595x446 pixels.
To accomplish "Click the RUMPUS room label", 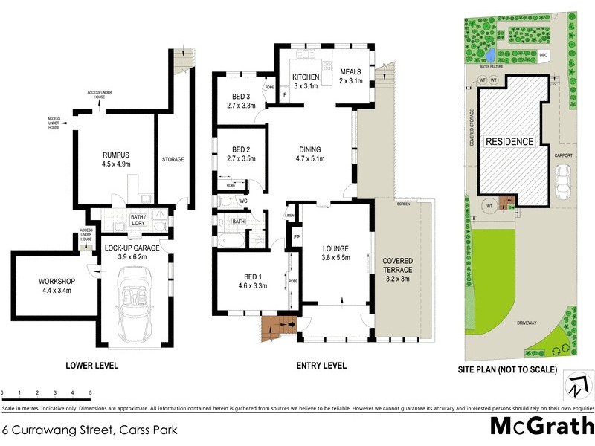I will (x=115, y=155).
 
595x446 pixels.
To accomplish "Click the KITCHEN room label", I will (x=305, y=77).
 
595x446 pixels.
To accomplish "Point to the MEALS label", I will (x=350, y=72).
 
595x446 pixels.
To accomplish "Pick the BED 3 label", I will (x=240, y=100).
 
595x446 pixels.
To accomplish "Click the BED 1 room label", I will (x=252, y=280).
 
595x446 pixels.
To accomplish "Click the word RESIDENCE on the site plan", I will (x=509, y=141).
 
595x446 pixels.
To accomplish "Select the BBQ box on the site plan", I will (x=543, y=55).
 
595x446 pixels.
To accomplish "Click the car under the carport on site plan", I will (x=563, y=179).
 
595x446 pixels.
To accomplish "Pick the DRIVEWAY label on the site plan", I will (x=529, y=323).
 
